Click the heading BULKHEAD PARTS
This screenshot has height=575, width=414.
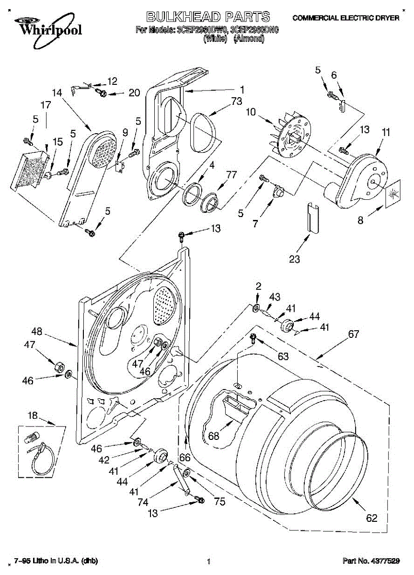(x=208, y=17)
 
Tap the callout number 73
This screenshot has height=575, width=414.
(x=236, y=101)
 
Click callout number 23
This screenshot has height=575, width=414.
(x=294, y=259)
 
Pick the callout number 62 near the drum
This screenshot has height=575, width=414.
(x=371, y=517)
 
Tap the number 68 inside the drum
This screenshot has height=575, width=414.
(x=213, y=436)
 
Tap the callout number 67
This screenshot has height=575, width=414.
(x=353, y=334)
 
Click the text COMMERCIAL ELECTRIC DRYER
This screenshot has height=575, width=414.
(x=345, y=18)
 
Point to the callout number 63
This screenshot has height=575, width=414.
(x=283, y=356)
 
